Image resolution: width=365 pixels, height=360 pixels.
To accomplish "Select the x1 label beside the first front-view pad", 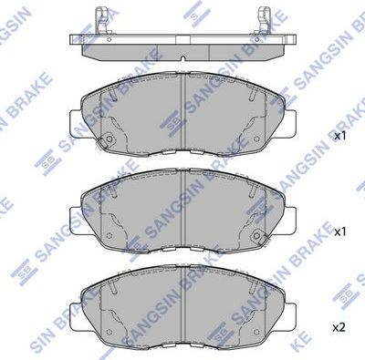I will pos(340,136).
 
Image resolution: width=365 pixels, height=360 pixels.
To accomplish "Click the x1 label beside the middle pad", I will pos(340,232).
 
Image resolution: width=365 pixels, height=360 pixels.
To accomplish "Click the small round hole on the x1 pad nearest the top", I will pos(107,139).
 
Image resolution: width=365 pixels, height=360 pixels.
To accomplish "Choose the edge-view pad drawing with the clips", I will pos(182,42).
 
